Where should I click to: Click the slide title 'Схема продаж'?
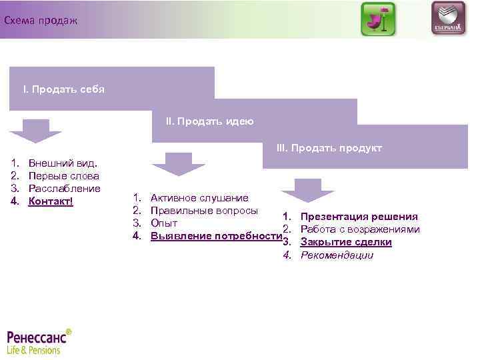[x=41, y=21]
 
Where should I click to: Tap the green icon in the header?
[x=378, y=19]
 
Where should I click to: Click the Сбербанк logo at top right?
[x=448, y=19]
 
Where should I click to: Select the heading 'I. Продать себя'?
[x=64, y=89]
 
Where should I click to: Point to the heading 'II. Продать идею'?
[x=209, y=121]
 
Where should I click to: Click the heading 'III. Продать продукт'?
[x=329, y=148]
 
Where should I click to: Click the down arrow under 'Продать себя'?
[x=35, y=130]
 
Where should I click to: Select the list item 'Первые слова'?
[x=64, y=176]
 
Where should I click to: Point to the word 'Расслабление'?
[x=65, y=189]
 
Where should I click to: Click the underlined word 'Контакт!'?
[x=51, y=201]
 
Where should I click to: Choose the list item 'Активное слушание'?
[x=199, y=198]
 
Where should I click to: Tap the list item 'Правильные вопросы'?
[x=204, y=211]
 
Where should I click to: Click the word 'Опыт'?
[x=164, y=223]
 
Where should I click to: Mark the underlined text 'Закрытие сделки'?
[x=346, y=242]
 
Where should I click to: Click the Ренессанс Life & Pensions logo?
[x=39, y=341]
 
